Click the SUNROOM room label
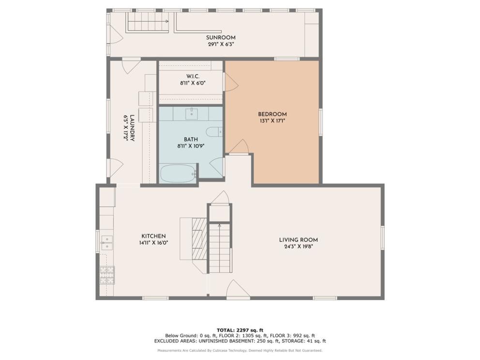point(221,38)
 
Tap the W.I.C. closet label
point(193,76)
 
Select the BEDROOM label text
point(272,114)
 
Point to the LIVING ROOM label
point(299,240)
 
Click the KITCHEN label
point(153,236)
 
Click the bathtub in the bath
point(178,174)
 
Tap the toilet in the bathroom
point(214,132)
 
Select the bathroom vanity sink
point(192,114)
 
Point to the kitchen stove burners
point(107,275)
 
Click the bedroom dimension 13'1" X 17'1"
point(272,120)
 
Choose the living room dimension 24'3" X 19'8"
point(299,246)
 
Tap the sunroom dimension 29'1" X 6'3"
point(221,44)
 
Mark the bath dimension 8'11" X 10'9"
point(191,146)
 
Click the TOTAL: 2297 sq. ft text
point(240,330)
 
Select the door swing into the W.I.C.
point(231,82)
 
